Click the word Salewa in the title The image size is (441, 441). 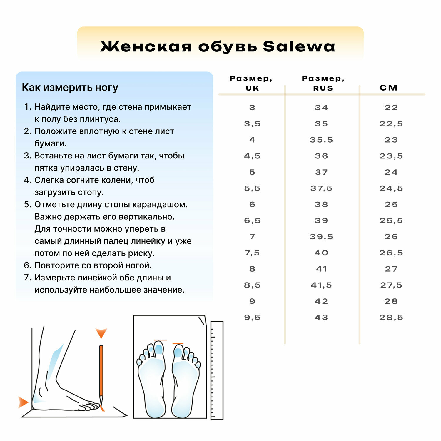point(299,46)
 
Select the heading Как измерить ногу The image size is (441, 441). point(70,88)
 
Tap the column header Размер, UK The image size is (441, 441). point(251,83)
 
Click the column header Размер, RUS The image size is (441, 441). point(323,83)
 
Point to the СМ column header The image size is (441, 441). point(389,88)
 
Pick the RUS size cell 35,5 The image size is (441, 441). point(321,140)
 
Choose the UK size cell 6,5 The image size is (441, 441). point(252,220)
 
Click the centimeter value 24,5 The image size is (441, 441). point(391,188)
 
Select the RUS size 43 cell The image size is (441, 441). point(321,318)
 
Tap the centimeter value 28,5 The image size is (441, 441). point(391,318)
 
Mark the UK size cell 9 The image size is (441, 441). point(252,301)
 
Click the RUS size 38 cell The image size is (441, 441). point(321,204)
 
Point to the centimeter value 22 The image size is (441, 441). point(391,108)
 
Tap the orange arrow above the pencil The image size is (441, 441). point(101,333)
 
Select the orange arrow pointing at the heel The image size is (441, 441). point(23,402)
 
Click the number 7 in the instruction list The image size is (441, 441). point(27,278)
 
